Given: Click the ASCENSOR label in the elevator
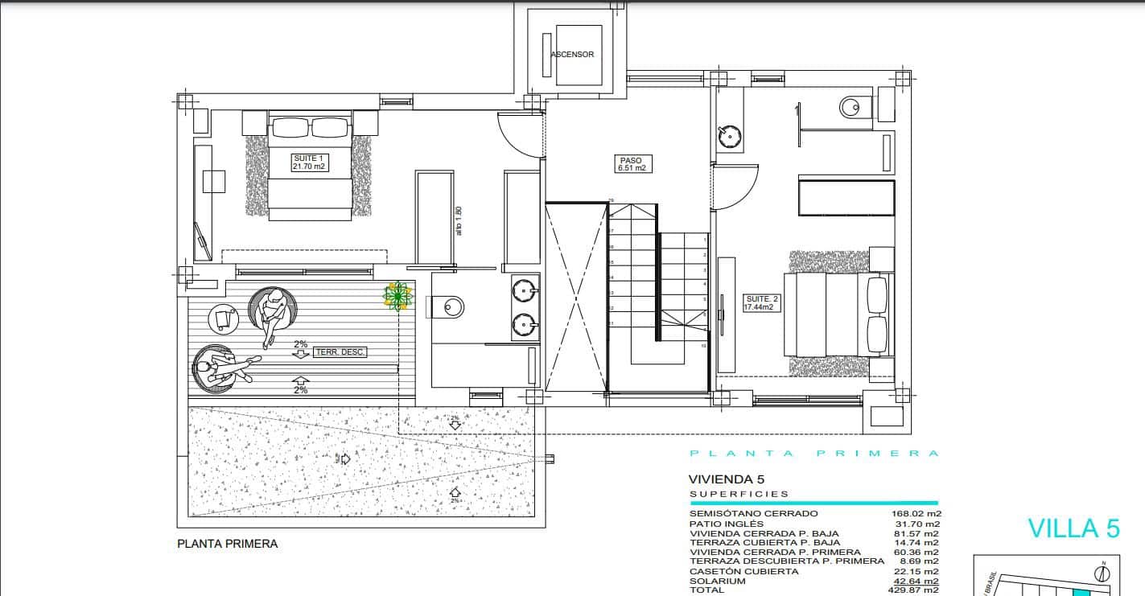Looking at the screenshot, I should (x=572, y=55).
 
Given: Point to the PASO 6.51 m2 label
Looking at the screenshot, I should (x=632, y=164).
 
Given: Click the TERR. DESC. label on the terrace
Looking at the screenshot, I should (x=340, y=351).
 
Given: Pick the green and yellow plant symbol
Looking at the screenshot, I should (x=397, y=296).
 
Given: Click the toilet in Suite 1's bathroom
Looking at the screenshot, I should (x=451, y=306).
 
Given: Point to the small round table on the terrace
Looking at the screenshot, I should (x=223, y=319).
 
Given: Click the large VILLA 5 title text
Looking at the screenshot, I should (x=1073, y=528).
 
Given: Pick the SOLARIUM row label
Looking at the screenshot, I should (x=717, y=581).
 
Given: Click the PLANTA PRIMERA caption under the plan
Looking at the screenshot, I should (x=227, y=544).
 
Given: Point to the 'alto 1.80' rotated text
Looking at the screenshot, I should (x=459, y=221).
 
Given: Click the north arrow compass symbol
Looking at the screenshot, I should (x=1104, y=573).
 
